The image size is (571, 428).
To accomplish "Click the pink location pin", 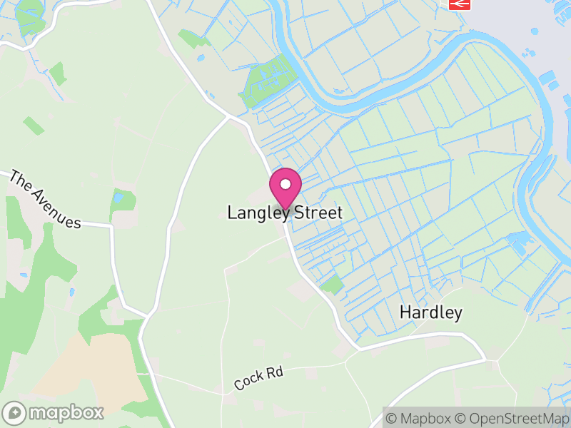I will click(285, 188).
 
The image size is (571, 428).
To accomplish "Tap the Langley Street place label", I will click(285, 213).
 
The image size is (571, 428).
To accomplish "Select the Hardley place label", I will click(430, 312).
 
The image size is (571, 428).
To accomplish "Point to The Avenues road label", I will click(44, 200).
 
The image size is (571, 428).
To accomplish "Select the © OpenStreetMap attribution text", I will click(512, 418).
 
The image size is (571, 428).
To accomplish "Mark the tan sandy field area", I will click(100, 364).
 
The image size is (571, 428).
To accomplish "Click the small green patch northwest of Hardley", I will click(331, 285).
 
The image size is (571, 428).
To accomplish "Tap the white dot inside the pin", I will click(285, 184).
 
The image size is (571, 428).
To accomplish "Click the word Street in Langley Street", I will click(314, 213).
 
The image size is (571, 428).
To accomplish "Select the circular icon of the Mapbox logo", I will click(15, 412).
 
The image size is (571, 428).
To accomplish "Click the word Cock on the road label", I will click(248, 382).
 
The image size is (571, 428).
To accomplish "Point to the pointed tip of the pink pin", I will click(285, 208).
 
